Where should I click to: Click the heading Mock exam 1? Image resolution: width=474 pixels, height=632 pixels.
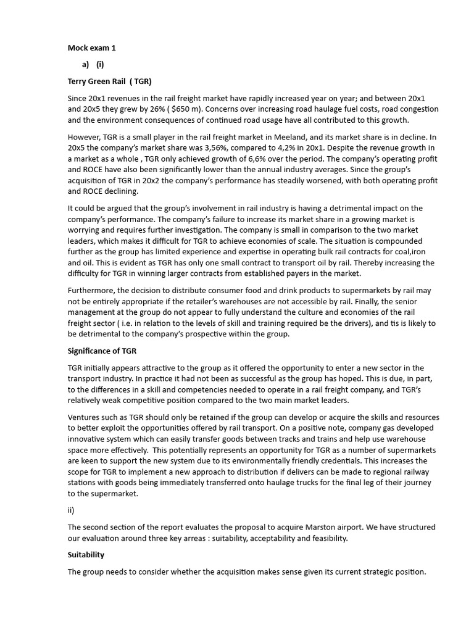91,48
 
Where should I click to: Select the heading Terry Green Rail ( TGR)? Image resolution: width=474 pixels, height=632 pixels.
109,81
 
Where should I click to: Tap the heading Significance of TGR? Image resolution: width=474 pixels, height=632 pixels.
102,351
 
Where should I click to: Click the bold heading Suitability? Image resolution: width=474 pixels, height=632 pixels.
86,555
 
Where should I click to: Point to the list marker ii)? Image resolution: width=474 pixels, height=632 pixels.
71,510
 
